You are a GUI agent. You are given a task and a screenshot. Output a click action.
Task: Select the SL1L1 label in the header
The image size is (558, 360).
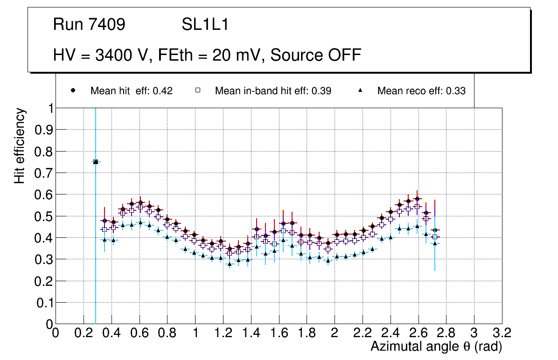coord(205,25)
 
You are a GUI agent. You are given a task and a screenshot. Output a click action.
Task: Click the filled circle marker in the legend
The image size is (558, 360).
coord(73,91)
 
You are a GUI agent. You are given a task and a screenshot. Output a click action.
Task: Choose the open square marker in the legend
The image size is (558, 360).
coord(198,91)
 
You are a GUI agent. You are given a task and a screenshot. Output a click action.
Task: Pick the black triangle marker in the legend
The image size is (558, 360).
coord(360,91)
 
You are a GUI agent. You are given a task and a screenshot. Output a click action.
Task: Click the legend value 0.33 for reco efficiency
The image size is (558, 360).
coord(456,91)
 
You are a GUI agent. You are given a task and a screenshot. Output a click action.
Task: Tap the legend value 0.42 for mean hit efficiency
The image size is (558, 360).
coord(163,91)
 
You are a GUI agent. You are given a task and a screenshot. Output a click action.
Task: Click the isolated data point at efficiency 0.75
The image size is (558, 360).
coord(96,162)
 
